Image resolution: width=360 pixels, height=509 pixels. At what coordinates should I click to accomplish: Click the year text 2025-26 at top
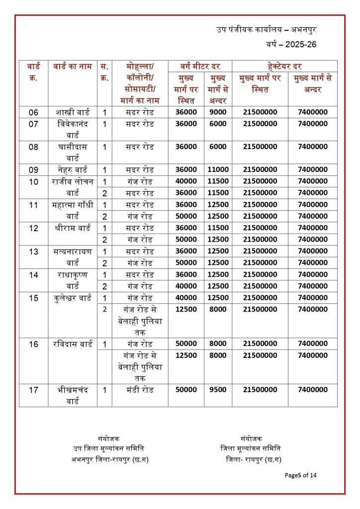291,44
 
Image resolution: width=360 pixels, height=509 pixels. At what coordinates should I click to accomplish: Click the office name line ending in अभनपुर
266,29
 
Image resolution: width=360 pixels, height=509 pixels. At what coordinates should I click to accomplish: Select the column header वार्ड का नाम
72,66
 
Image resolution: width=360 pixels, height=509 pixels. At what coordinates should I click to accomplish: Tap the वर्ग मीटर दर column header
200,66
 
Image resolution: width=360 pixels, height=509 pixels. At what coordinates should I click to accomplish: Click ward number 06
34,112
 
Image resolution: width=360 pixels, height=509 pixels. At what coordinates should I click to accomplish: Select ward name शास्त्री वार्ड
73,112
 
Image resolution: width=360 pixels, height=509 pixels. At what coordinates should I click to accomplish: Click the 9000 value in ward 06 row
218,112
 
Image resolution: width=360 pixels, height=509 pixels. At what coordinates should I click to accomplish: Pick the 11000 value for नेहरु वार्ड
218,170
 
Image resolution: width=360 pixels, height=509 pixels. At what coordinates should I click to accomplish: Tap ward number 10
34,181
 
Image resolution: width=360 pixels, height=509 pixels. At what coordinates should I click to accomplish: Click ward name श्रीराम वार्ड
73,228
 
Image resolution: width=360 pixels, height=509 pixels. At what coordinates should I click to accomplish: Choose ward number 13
34,251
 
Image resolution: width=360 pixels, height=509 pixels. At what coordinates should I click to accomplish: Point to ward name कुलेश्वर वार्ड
73,298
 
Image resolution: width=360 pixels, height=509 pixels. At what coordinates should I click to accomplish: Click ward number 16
34,344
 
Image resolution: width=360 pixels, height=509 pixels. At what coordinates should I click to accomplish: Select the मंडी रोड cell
140,390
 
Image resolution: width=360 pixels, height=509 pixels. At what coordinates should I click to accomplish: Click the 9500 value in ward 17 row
218,390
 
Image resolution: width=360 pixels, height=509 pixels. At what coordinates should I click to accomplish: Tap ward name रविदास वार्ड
73,344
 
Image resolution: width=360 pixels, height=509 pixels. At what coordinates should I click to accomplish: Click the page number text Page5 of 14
300,475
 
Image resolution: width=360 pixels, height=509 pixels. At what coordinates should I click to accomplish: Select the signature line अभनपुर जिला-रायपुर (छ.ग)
110,459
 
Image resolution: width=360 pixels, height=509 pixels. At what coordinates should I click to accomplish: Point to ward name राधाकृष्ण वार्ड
73,280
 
